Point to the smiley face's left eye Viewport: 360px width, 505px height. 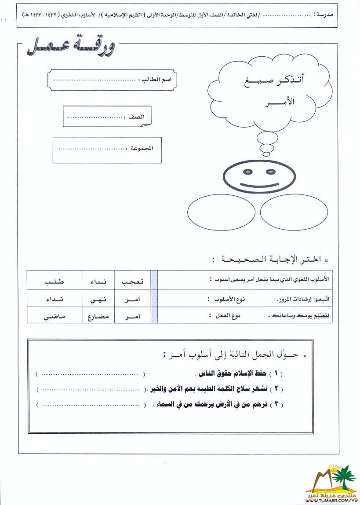point(248,171)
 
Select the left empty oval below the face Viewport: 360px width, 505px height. point(221,212)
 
